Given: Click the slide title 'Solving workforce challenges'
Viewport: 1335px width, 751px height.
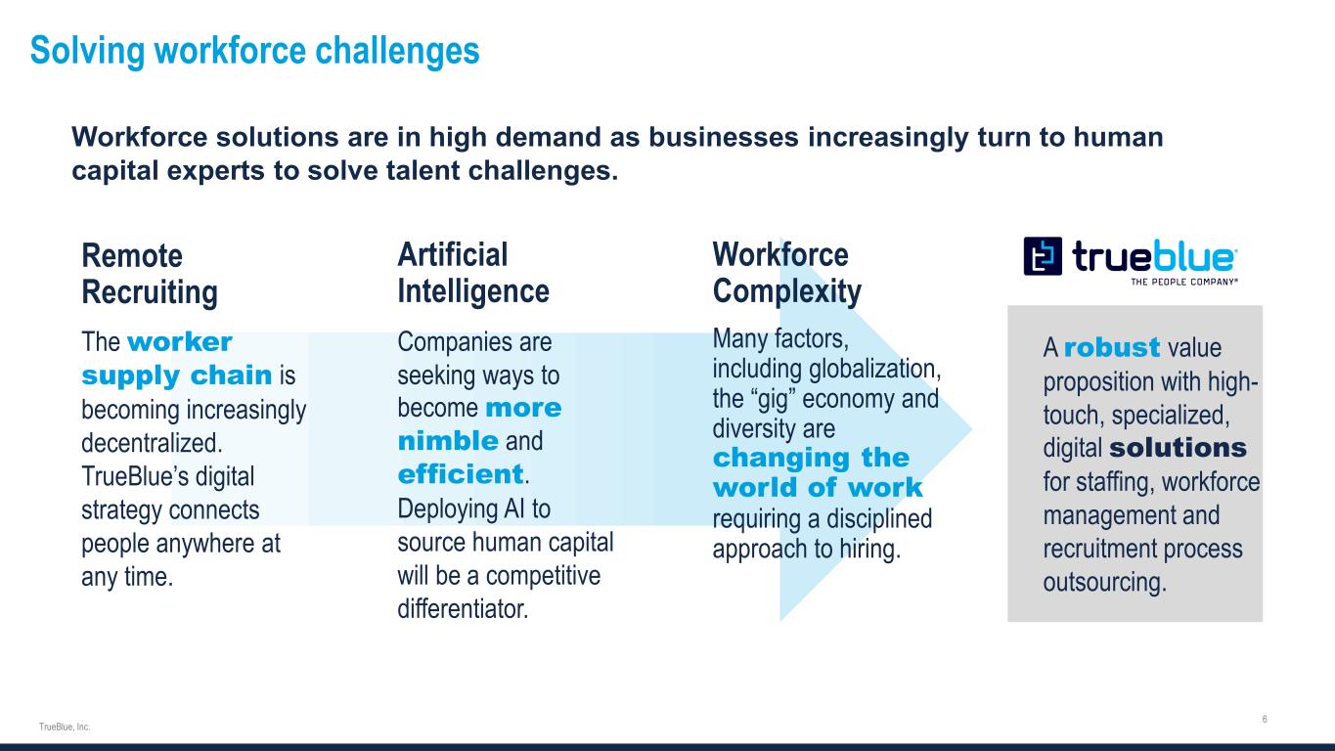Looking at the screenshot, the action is [x=254, y=51].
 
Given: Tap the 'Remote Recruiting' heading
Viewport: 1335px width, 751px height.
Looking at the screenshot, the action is [x=150, y=274].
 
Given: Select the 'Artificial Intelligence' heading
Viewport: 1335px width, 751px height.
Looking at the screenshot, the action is [x=473, y=273].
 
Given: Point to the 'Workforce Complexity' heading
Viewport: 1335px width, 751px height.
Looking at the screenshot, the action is [x=786, y=273].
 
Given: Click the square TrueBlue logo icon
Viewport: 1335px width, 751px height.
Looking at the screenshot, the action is [x=1043, y=256].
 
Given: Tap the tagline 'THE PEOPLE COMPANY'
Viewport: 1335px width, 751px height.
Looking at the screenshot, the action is [x=1184, y=282].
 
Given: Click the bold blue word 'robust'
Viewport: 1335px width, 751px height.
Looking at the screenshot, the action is [x=1112, y=347].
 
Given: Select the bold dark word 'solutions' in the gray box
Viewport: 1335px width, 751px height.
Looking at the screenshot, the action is [x=1178, y=448].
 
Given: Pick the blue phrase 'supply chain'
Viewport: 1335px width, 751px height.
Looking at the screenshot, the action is [x=177, y=376].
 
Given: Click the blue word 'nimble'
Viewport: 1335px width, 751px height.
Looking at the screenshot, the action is [x=448, y=442].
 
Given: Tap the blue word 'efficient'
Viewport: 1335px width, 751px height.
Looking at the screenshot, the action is [x=460, y=475].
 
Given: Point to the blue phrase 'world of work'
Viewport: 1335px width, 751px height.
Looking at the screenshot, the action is [x=818, y=488].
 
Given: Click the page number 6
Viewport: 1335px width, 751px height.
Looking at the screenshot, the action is [x=1265, y=720].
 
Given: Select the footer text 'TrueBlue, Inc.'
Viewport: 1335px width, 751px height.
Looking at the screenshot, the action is [x=65, y=727].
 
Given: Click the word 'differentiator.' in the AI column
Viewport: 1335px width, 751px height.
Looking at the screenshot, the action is [x=463, y=609].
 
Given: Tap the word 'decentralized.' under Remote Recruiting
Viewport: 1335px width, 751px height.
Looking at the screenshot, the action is [x=152, y=443].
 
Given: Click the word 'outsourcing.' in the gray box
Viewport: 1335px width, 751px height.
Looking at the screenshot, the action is [x=1105, y=583].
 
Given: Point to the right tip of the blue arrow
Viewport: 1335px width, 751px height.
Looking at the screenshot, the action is [x=971, y=429].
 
